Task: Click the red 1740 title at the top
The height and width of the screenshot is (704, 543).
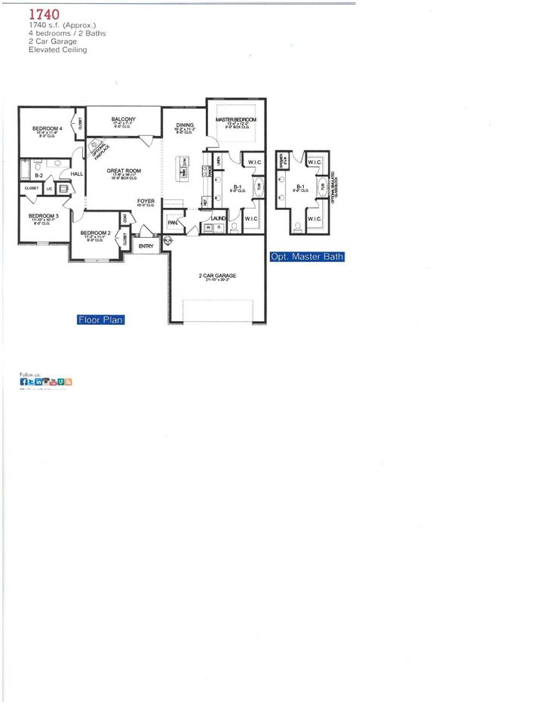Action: point(44,14)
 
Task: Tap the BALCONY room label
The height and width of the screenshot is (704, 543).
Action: point(123,119)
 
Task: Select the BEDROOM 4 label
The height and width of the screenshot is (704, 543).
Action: point(47,128)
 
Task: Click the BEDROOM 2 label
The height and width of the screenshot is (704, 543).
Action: point(96,233)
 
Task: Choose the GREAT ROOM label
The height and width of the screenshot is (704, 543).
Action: point(121,171)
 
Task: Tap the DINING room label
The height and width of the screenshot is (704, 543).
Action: point(185,125)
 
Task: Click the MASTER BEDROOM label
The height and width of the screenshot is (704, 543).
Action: point(236,120)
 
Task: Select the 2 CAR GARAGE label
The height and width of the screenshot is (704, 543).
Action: point(217,276)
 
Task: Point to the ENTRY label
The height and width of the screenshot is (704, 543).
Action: point(146,245)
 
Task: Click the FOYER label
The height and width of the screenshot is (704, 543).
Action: point(146,201)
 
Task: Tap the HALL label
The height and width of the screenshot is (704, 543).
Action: point(76,174)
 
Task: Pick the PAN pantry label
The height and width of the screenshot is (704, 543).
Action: point(173,223)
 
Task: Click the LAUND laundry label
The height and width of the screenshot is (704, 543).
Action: point(208,217)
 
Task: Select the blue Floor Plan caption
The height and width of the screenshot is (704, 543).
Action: point(100,320)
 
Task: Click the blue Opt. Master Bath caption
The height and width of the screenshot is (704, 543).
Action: point(307,257)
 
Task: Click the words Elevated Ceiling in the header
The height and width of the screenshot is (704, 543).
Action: point(58,50)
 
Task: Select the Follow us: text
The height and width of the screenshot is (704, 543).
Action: point(30,374)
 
